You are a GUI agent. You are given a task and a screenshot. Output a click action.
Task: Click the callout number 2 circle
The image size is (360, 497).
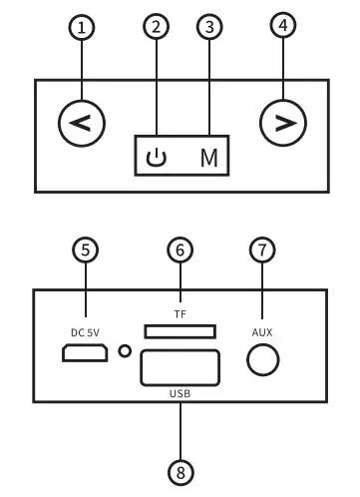(x=153, y=28)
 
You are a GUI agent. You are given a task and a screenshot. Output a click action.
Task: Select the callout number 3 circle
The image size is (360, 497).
(x=207, y=28)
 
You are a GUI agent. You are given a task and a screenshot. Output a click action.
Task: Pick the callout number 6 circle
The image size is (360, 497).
(x=180, y=250)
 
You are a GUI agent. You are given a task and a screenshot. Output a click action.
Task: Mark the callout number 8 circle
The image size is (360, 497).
(x=180, y=469)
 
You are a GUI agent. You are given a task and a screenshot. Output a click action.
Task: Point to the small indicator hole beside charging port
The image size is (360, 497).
(x=124, y=351)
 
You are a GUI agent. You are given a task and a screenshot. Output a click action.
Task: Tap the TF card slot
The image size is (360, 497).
(x=180, y=330)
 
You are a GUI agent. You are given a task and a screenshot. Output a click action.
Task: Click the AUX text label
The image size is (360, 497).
(x=261, y=329)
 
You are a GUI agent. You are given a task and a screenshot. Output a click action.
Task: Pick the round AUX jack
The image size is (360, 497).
(x=261, y=359)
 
